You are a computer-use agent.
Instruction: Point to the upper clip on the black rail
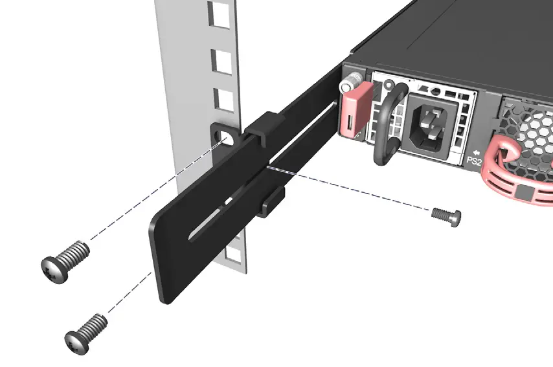pyautogui.click(x=262, y=127)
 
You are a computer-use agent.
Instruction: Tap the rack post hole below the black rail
pyautogui.click(x=236, y=256)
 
